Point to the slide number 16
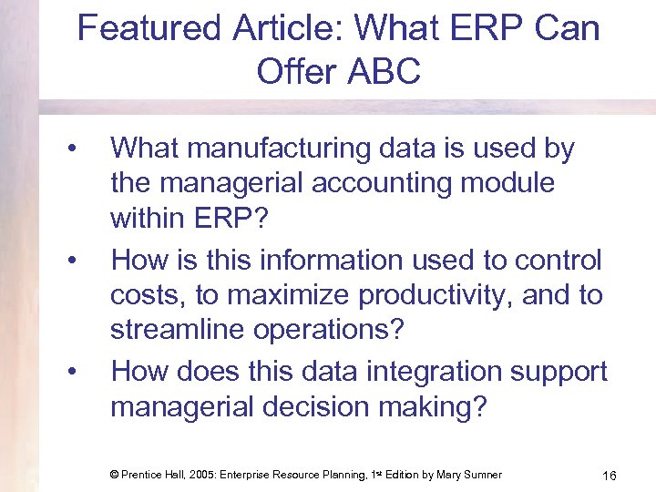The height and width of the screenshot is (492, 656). (x=610, y=475)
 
